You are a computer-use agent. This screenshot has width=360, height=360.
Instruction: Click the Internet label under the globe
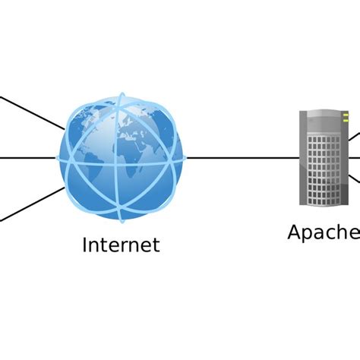[122, 245]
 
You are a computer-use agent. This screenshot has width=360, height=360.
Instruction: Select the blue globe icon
[122, 157]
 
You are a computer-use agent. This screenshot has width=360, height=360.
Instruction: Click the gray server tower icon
[324, 157]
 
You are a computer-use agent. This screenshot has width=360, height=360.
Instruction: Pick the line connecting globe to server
[242, 158]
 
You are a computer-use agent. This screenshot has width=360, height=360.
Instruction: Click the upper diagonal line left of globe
[30, 112]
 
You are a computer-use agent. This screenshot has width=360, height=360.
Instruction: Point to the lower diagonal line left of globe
[30, 204]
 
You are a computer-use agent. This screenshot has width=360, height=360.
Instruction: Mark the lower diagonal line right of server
[355, 179]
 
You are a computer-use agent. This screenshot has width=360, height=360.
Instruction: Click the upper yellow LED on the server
[344, 115]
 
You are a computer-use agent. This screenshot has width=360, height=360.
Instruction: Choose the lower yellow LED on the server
[344, 122]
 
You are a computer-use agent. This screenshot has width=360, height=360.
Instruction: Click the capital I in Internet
[85, 245]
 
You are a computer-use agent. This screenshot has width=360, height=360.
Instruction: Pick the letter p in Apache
[310, 234]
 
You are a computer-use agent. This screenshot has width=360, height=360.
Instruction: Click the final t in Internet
[156, 245]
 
